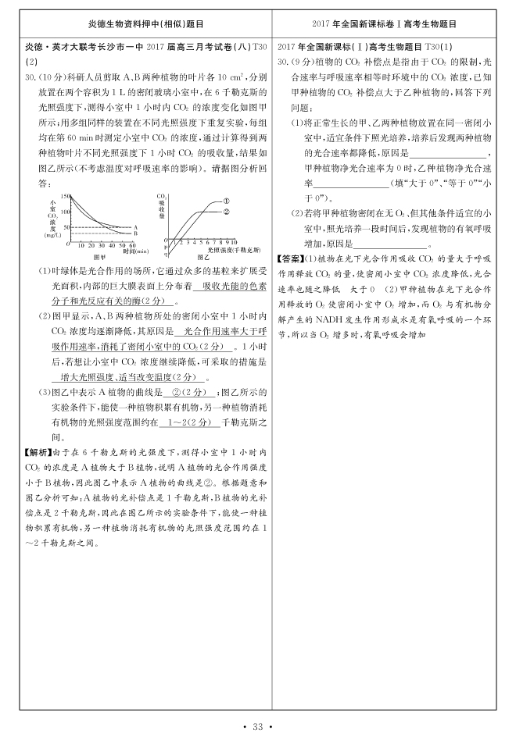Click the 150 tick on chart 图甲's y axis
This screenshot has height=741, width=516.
[x=65, y=195]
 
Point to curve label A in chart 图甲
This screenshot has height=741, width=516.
[x=134, y=227]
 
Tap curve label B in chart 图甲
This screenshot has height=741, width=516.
[x=134, y=233]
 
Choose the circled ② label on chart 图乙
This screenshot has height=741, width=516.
[x=227, y=211]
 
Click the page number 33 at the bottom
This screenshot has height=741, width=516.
[x=257, y=728]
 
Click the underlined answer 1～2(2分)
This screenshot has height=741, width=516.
[x=185, y=422]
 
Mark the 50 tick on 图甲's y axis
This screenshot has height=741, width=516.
[x=66, y=226]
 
